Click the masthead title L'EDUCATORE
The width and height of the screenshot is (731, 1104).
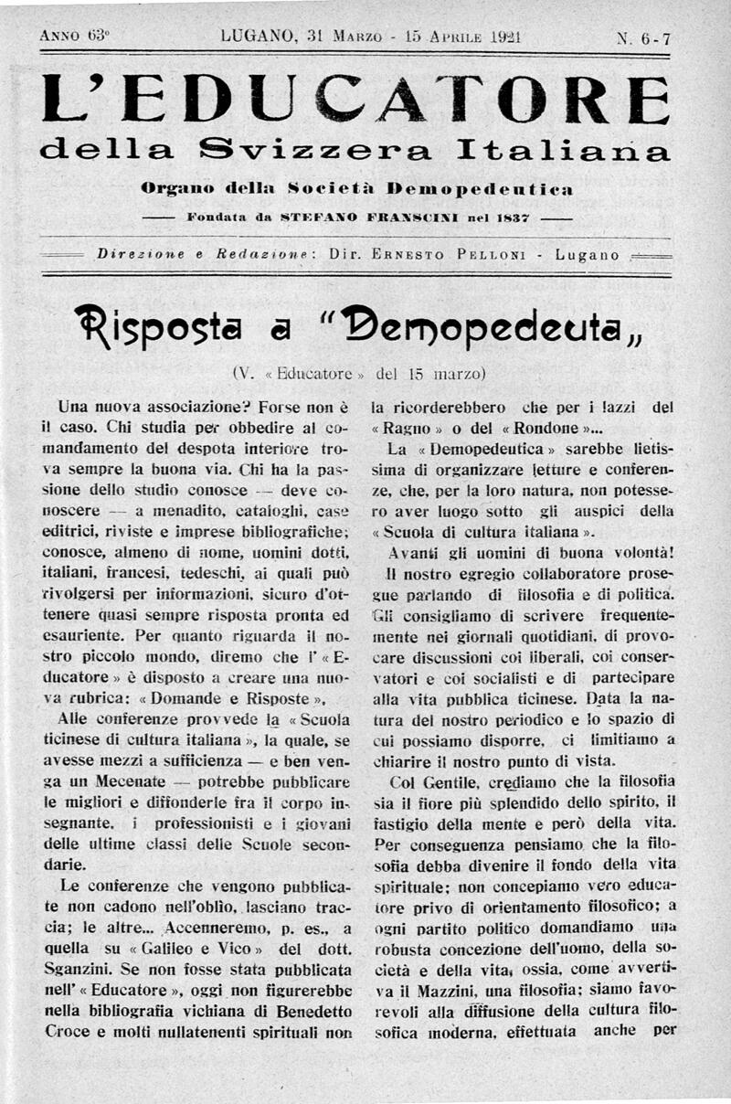tap(355, 100)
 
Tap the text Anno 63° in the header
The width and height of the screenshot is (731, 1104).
tap(75, 37)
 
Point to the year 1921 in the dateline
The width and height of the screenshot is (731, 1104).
tap(500, 37)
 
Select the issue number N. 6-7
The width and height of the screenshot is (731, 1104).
tap(644, 38)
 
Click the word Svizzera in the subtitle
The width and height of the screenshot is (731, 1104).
tap(323, 148)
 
